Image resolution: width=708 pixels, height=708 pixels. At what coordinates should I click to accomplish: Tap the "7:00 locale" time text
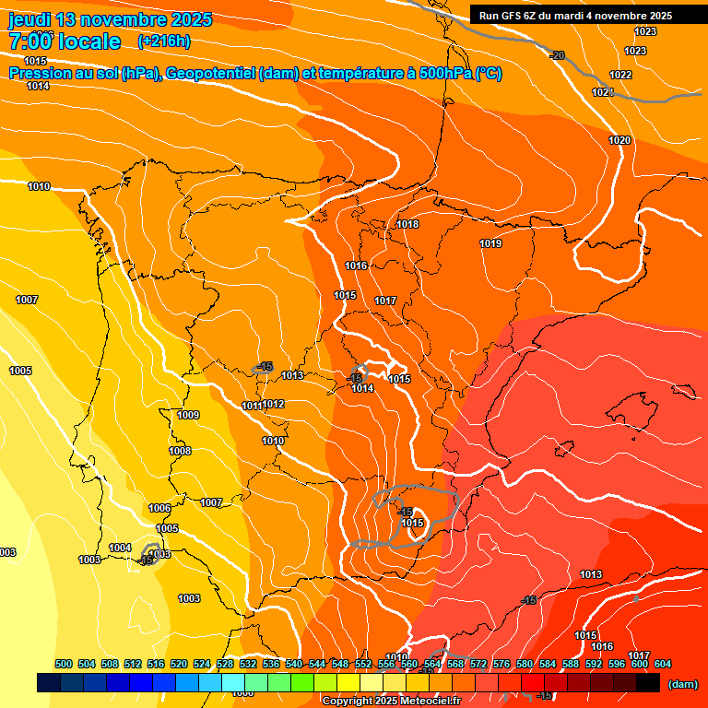[65, 41]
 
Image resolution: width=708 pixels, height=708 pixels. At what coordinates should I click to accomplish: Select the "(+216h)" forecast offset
[164, 41]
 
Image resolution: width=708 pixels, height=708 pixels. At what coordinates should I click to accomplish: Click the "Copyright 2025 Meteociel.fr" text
[393, 702]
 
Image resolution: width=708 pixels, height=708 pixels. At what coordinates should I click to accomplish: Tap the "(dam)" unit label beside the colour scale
[682, 684]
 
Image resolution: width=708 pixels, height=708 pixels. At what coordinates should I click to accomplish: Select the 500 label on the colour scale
[64, 664]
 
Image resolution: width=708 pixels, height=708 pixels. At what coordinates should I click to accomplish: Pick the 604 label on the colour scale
[663, 664]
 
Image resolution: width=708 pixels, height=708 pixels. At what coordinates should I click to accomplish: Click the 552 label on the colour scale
[363, 664]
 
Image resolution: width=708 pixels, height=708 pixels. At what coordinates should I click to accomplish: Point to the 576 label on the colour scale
[501, 664]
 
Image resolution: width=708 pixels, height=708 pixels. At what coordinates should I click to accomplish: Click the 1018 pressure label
[407, 224]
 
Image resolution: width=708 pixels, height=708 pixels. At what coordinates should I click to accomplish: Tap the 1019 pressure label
[490, 243]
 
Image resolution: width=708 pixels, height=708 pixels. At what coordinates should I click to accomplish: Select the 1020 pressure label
[619, 140]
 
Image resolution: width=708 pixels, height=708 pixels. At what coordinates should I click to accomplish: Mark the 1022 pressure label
[620, 75]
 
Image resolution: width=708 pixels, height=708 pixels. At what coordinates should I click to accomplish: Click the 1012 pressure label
[274, 404]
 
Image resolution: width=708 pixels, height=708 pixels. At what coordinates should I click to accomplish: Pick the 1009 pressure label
[188, 415]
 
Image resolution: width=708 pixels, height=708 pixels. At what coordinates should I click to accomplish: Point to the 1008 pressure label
[180, 451]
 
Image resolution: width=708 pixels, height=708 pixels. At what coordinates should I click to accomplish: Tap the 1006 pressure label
[159, 508]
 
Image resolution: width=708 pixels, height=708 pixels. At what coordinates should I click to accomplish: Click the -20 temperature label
[557, 56]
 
